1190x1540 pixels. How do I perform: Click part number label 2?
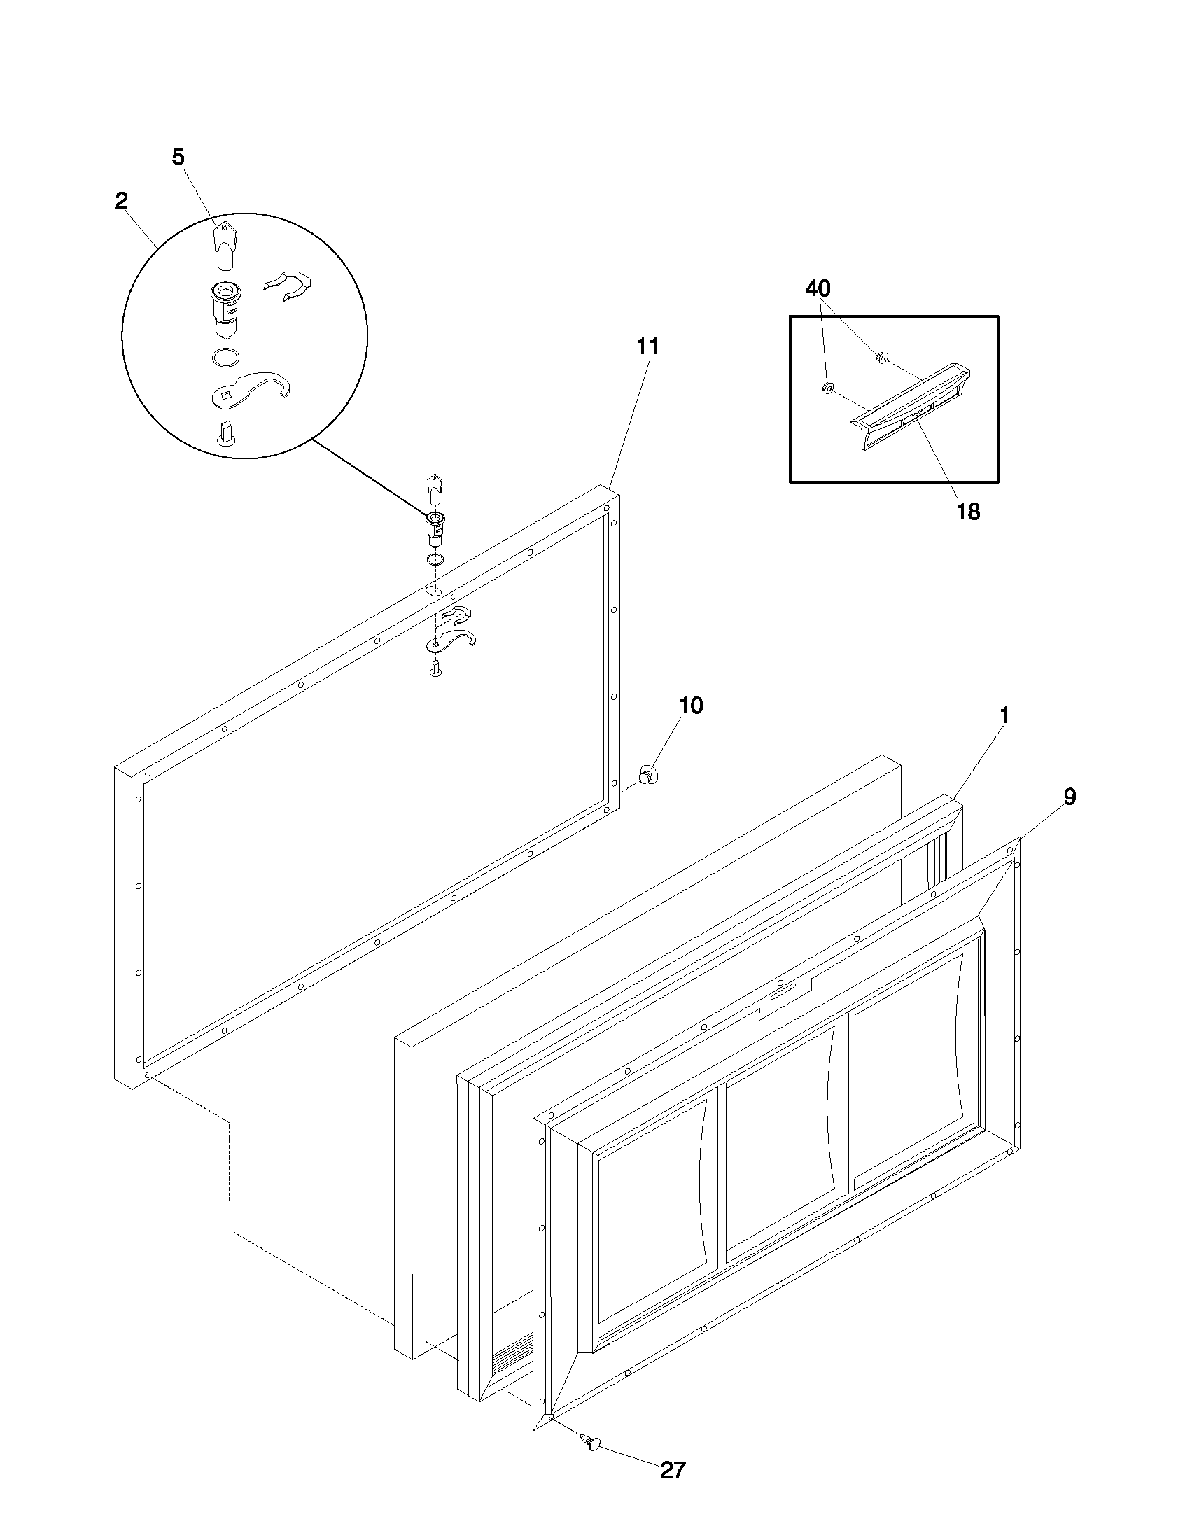pyautogui.click(x=121, y=200)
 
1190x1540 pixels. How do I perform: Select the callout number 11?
pyautogui.click(x=647, y=346)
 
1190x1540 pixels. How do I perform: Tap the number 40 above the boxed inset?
pyautogui.click(x=818, y=288)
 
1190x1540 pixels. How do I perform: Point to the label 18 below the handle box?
pyautogui.click(x=969, y=512)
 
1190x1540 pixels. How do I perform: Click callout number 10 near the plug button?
pyautogui.click(x=691, y=705)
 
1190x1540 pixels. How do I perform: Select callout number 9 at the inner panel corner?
pyautogui.click(x=1070, y=797)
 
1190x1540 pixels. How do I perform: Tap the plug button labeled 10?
pyautogui.click(x=647, y=774)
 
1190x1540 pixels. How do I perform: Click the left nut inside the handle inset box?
pyautogui.click(x=828, y=387)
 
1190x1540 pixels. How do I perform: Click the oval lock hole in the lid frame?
pyautogui.click(x=434, y=589)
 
